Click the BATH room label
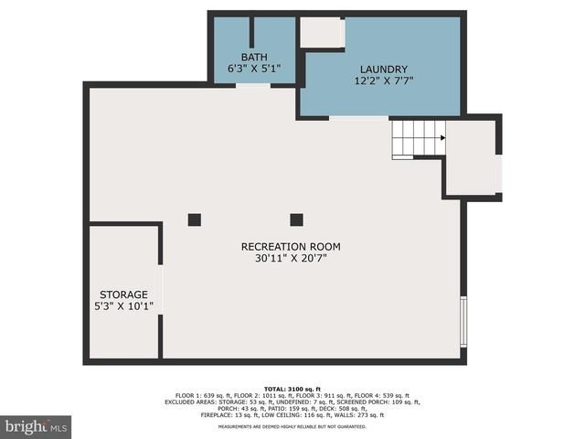[254, 57]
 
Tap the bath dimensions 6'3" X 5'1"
[254, 69]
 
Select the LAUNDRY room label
[383, 70]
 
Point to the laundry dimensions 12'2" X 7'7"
[383, 81]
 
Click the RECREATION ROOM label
[291, 246]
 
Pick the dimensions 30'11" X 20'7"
[291, 259]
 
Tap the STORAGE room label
[123, 294]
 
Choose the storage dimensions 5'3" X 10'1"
[123, 306]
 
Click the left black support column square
[195, 219]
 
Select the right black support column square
[296, 219]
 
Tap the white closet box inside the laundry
[322, 32]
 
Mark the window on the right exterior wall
[463, 321]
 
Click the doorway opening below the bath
[253, 86]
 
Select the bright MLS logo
[37, 426]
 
